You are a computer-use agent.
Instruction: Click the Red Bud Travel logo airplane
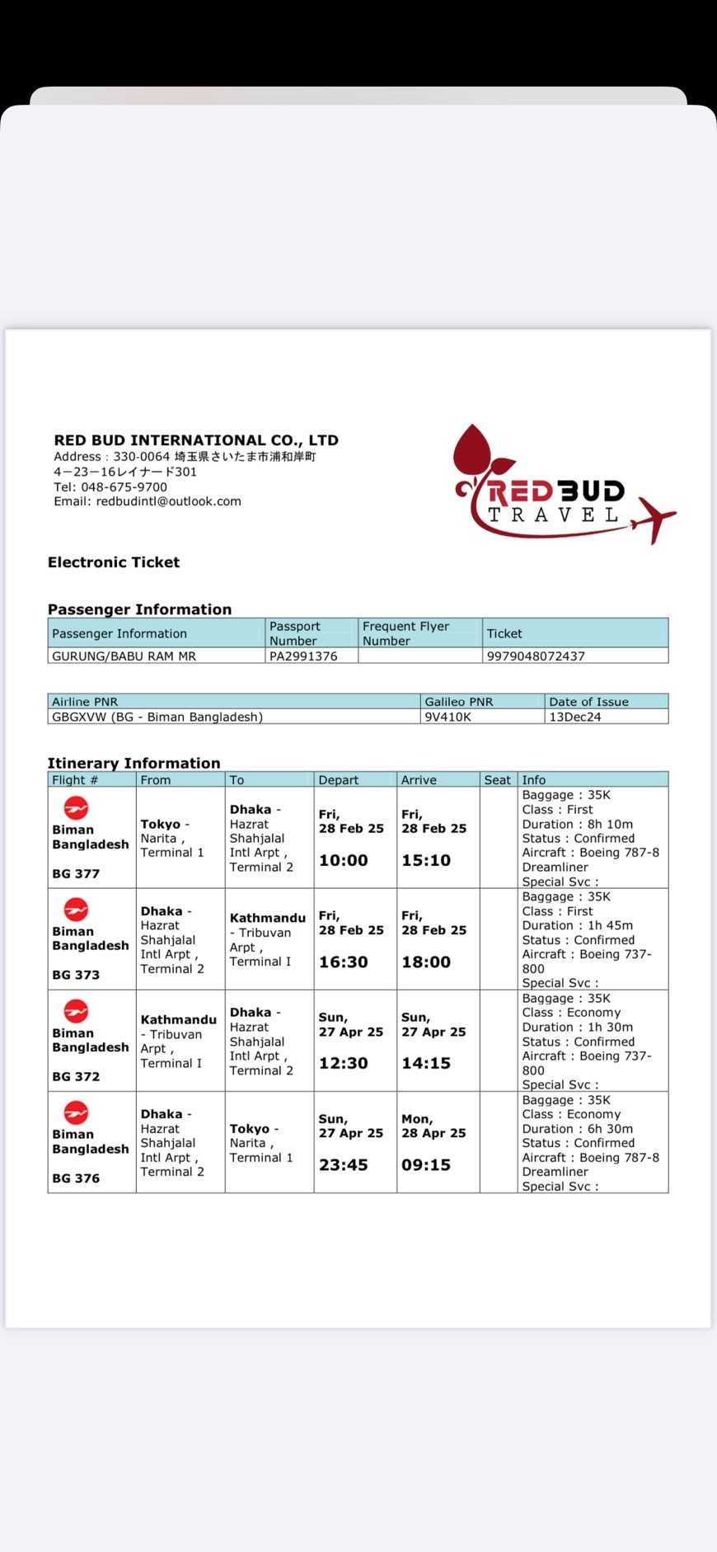click(x=654, y=517)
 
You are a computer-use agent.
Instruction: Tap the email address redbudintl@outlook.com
click(x=168, y=501)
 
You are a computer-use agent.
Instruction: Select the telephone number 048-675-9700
click(x=124, y=487)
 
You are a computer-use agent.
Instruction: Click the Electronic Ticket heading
click(x=114, y=562)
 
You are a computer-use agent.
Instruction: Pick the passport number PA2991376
click(x=303, y=656)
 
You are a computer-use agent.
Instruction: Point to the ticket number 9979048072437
click(x=536, y=656)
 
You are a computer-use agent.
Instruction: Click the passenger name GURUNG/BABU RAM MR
click(x=124, y=656)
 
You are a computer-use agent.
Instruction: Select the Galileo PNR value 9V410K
click(x=448, y=717)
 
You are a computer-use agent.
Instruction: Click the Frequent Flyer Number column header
click(x=405, y=633)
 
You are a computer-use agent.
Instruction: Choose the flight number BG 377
click(x=76, y=874)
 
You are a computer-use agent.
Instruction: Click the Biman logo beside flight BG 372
click(x=76, y=1011)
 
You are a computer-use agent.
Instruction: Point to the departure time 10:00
click(x=344, y=861)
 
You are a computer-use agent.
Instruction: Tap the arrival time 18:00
click(x=426, y=962)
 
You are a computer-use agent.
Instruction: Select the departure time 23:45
click(x=344, y=1165)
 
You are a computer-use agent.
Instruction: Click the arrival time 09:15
click(x=426, y=1165)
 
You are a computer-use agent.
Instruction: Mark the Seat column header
click(x=498, y=780)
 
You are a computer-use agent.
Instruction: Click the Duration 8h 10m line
click(x=578, y=824)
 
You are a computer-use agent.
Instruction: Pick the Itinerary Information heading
click(x=134, y=764)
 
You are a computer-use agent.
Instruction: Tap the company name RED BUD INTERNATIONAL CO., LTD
click(x=196, y=440)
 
